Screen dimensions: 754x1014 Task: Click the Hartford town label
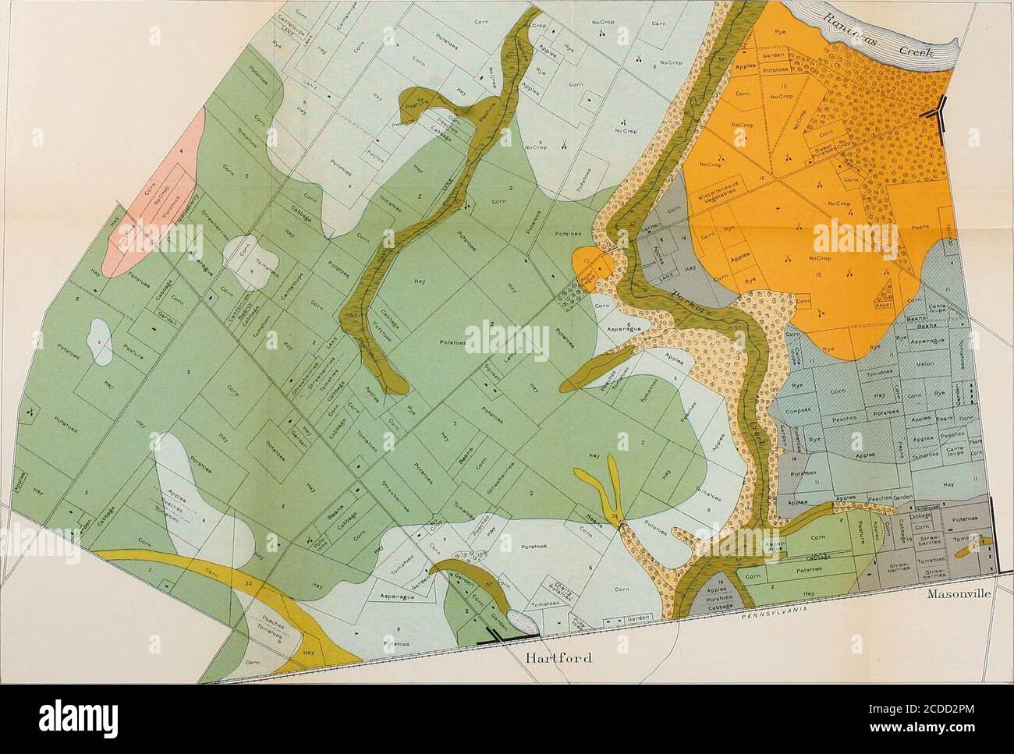click(x=557, y=654)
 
